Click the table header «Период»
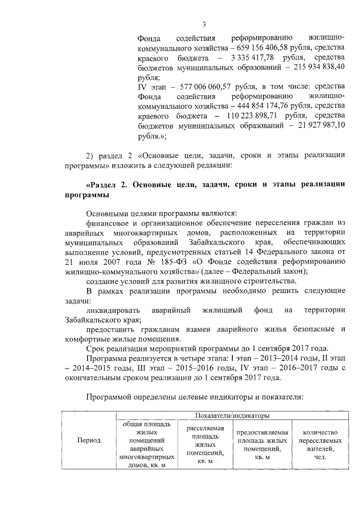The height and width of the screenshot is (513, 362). [x=89, y=440]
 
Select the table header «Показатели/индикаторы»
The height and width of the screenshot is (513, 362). [x=232, y=416]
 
